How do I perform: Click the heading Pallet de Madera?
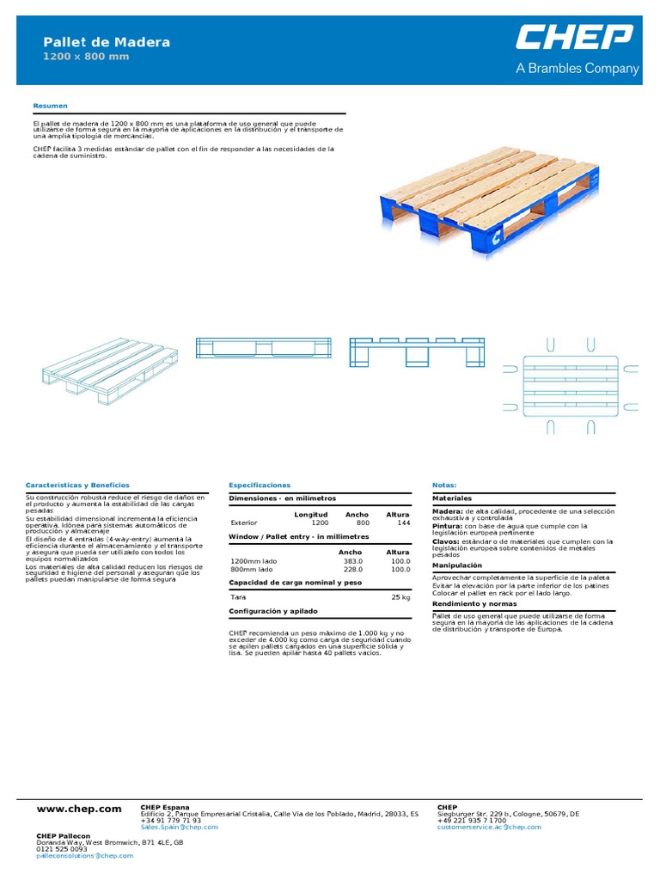(107, 42)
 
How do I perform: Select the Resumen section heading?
(50, 106)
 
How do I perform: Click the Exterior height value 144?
(403, 522)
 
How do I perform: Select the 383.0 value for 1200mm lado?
(352, 560)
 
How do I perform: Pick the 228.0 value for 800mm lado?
(352, 569)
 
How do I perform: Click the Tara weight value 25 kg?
(400, 596)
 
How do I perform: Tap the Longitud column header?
(311, 514)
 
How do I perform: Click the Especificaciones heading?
(260, 486)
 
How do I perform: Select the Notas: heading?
(444, 486)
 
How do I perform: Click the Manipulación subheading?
(456, 565)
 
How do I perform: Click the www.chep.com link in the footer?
(79, 809)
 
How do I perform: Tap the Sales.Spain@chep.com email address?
(179, 827)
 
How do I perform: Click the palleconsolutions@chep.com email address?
(84, 855)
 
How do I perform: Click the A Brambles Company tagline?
(577, 69)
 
